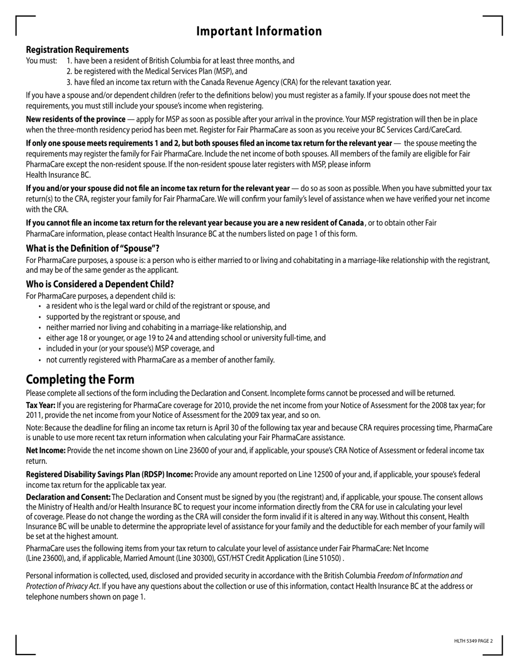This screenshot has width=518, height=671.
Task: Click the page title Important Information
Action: tap(259, 31)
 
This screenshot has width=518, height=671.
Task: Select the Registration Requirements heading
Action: tap(77, 50)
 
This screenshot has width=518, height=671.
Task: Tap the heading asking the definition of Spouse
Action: tap(93, 248)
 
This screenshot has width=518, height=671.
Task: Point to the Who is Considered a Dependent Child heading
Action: tap(100, 284)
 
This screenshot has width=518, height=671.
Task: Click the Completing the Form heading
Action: tap(80, 379)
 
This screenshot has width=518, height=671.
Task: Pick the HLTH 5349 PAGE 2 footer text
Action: tap(473, 641)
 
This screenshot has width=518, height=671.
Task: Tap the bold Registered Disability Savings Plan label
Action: tap(109, 474)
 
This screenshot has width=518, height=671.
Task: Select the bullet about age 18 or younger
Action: tap(185, 338)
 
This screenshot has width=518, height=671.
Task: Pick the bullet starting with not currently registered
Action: tap(160, 360)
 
